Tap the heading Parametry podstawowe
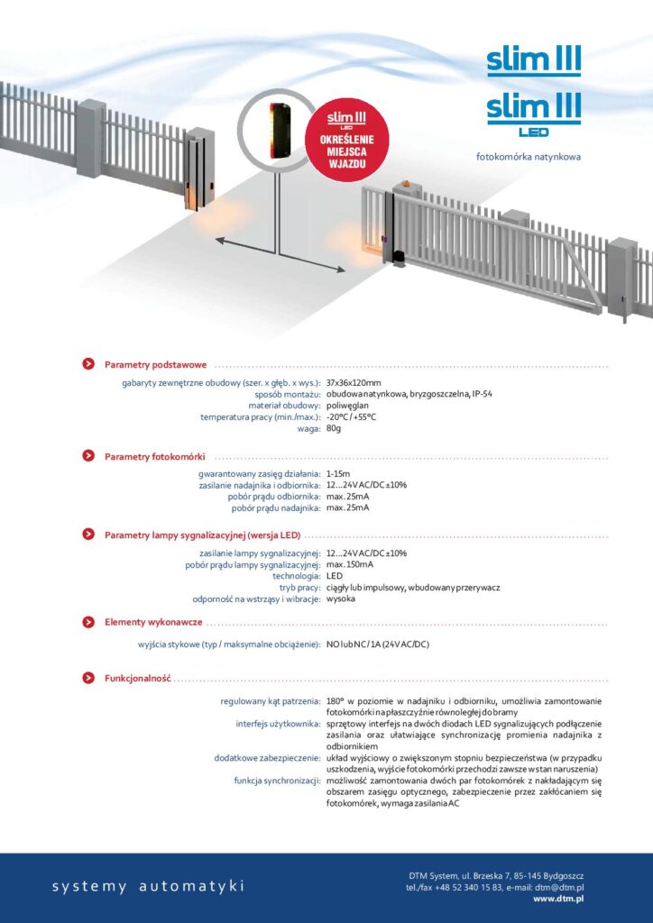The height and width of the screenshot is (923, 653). point(155,365)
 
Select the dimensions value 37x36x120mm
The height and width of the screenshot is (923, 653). point(354,383)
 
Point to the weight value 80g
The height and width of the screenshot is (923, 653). point(334,428)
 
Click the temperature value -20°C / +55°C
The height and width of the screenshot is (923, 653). point(351,416)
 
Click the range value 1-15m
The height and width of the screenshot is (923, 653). point(338,473)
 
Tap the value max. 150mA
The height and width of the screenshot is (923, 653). point(349,564)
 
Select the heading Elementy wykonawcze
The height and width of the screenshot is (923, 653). point(153,622)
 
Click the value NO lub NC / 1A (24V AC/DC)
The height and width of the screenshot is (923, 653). point(378,644)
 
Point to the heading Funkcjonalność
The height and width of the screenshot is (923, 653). point(137,678)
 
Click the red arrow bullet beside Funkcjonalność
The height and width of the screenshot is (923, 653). point(88,678)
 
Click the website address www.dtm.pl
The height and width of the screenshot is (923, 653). point(558,898)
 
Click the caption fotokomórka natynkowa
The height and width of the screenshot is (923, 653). point(529,157)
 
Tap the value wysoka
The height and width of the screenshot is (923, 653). point(340,599)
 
